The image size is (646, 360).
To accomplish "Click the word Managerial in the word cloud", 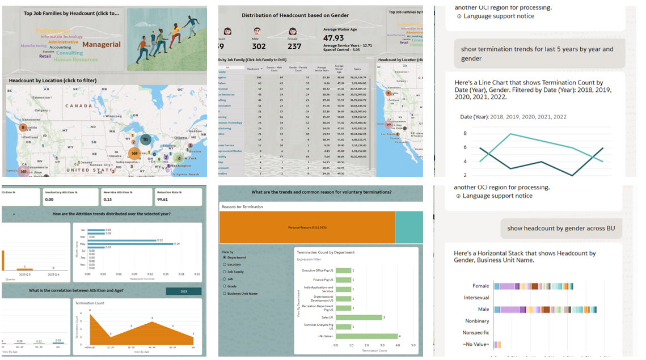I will click(102, 44).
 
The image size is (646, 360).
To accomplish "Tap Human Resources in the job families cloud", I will click(75, 60).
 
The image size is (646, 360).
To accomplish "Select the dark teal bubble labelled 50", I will click(145, 139).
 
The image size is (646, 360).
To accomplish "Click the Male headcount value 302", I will click(259, 46).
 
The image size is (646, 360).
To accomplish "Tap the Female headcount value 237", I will click(294, 46).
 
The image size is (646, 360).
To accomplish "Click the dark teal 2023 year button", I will click(183, 291).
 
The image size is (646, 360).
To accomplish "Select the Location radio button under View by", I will click(225, 264).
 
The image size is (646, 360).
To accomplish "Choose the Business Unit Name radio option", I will click(225, 294).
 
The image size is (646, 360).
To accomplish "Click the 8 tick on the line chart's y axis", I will click(465, 134).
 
